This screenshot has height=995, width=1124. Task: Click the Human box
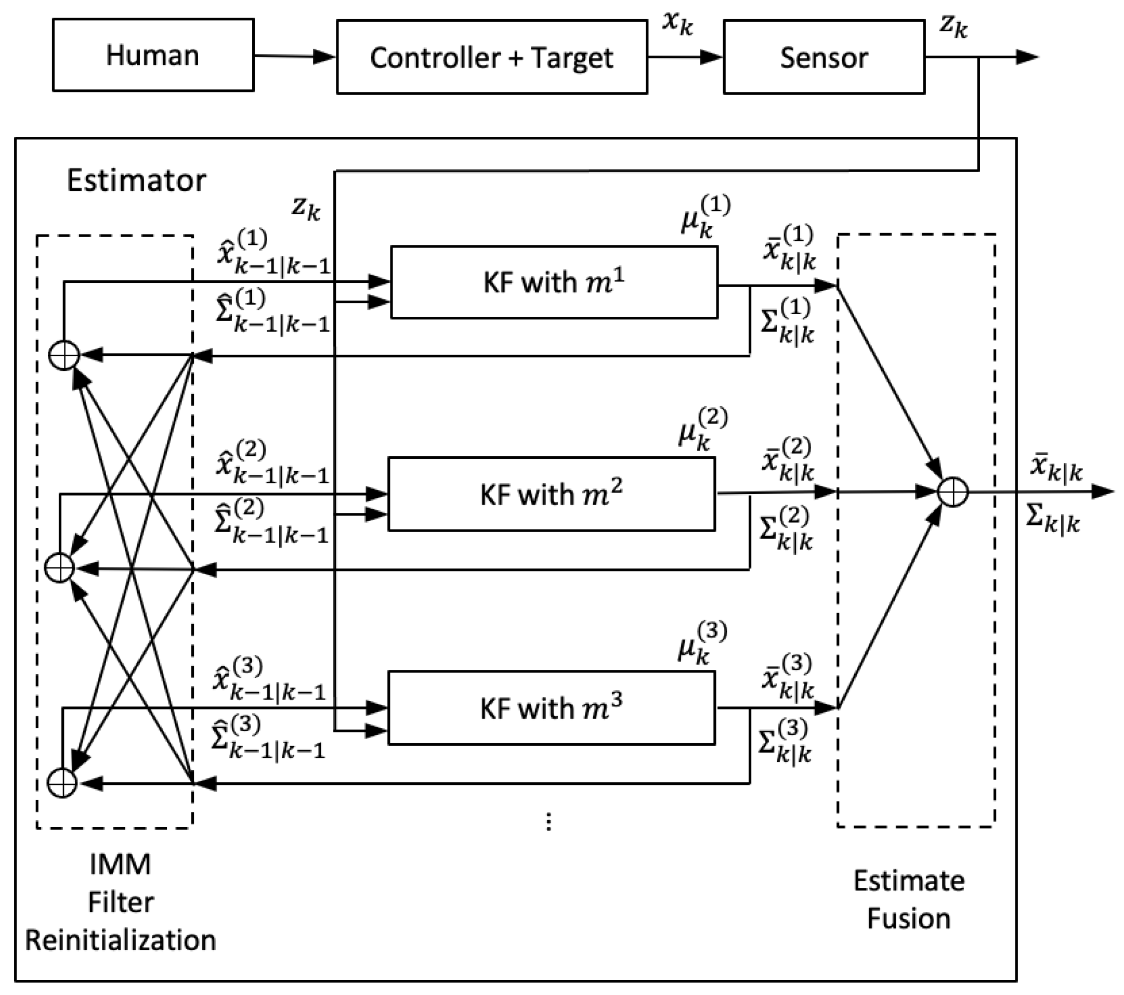coord(153,55)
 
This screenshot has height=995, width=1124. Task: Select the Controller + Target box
coord(492,57)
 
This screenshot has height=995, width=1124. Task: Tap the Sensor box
coord(824,57)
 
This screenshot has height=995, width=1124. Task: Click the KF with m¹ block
coord(554,282)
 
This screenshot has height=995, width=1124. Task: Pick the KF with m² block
coord(552,494)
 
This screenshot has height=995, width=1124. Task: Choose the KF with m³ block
coord(552,708)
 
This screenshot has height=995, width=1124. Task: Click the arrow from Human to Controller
coord(294,56)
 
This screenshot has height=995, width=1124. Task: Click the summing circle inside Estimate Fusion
coord(953,491)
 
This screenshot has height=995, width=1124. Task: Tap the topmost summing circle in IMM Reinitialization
coord(64,355)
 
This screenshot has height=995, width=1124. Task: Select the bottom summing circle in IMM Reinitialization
coord(62,782)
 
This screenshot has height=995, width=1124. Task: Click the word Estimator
coord(136,180)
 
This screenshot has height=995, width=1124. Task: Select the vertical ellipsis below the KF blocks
coord(548,821)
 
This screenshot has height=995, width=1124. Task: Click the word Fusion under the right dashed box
coord(908,919)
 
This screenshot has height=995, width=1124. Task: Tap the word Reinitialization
coord(121,940)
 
